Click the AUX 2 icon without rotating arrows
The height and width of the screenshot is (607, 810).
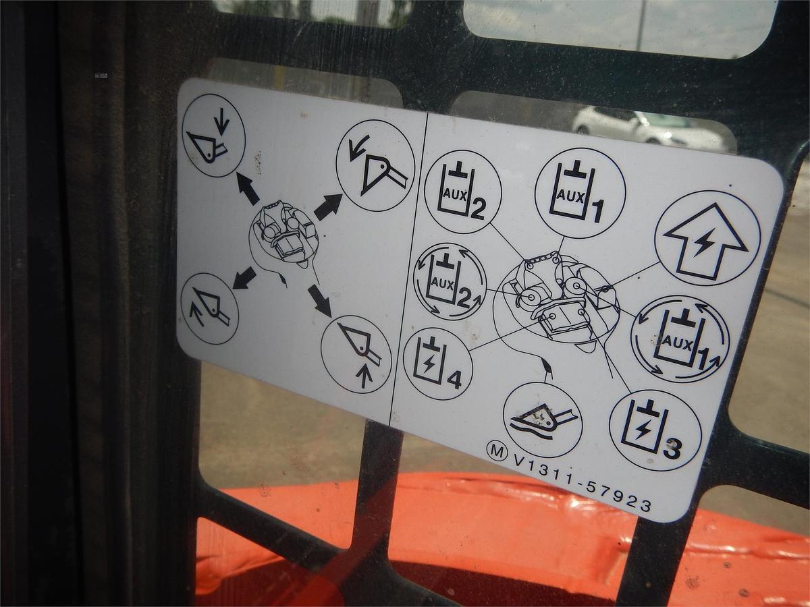click(x=462, y=192)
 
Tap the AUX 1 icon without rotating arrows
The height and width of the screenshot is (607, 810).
click(x=580, y=193)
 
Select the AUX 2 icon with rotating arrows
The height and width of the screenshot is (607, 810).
click(x=450, y=281)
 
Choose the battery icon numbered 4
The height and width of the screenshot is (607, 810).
click(x=437, y=364)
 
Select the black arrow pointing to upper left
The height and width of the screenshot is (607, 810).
click(x=248, y=189)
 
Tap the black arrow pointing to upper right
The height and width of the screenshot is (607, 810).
click(x=327, y=206)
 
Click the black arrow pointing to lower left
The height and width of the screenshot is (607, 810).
click(x=244, y=277)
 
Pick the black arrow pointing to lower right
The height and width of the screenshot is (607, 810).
click(x=320, y=300)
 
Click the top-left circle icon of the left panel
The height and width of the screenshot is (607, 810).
click(x=213, y=135)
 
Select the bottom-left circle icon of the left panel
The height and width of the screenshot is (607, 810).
click(x=210, y=308)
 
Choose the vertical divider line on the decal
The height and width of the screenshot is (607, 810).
click(x=408, y=270)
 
